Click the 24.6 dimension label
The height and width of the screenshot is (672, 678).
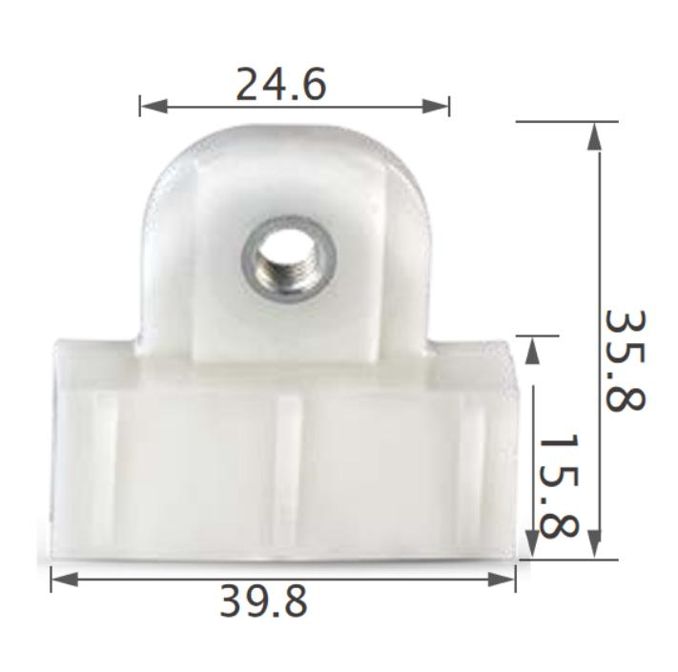pyautogui.click(x=281, y=85)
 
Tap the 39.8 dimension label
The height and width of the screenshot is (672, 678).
pyautogui.click(x=264, y=601)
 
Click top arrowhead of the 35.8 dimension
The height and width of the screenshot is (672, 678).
pyautogui.click(x=596, y=133)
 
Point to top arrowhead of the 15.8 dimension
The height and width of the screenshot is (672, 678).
pyautogui.click(x=534, y=348)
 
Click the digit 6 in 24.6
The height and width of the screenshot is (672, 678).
pyautogui.click(x=313, y=85)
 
